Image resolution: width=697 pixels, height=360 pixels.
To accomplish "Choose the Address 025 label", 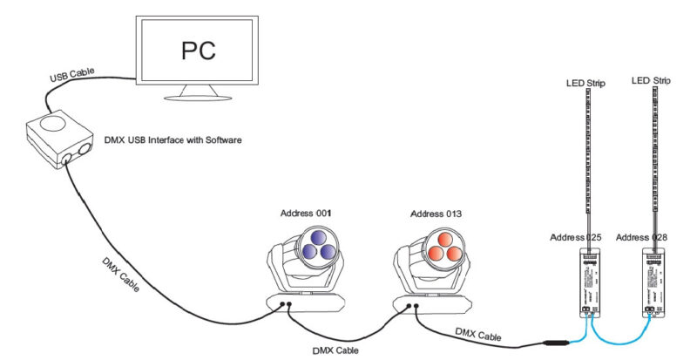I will [x=579, y=237].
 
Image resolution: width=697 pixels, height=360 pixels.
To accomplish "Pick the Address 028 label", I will [x=645, y=237].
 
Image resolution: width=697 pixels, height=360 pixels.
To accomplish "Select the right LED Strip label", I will [x=651, y=82].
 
